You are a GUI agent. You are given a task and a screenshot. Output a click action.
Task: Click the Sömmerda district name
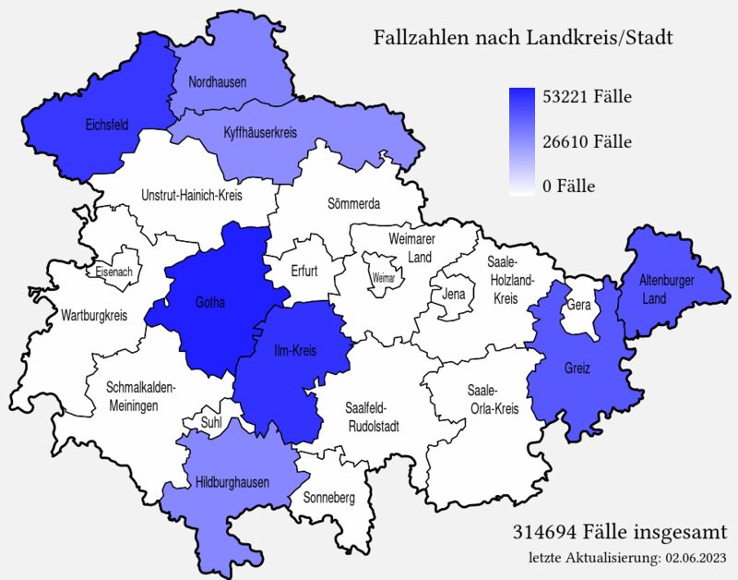pos(354,203)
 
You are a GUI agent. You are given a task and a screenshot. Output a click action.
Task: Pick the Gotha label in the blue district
pos(210,302)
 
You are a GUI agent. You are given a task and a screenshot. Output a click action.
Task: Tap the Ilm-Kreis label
pos(295,351)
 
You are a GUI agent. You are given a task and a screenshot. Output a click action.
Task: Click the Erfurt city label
pos(304,272)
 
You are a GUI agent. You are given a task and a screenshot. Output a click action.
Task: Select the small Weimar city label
pos(383,278)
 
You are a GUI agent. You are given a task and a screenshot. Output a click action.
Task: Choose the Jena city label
pos(454,295)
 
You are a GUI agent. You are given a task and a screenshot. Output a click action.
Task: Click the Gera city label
pos(578,304)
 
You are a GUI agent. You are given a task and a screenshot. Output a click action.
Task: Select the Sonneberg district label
pos(329,498)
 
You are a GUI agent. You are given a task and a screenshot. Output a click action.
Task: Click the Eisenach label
pos(114,272)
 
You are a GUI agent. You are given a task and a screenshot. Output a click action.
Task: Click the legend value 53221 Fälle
pos(587,97)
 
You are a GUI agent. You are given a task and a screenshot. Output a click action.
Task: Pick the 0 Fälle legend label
pos(568,187)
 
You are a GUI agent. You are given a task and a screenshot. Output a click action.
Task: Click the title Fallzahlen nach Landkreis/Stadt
pos(522,39)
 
